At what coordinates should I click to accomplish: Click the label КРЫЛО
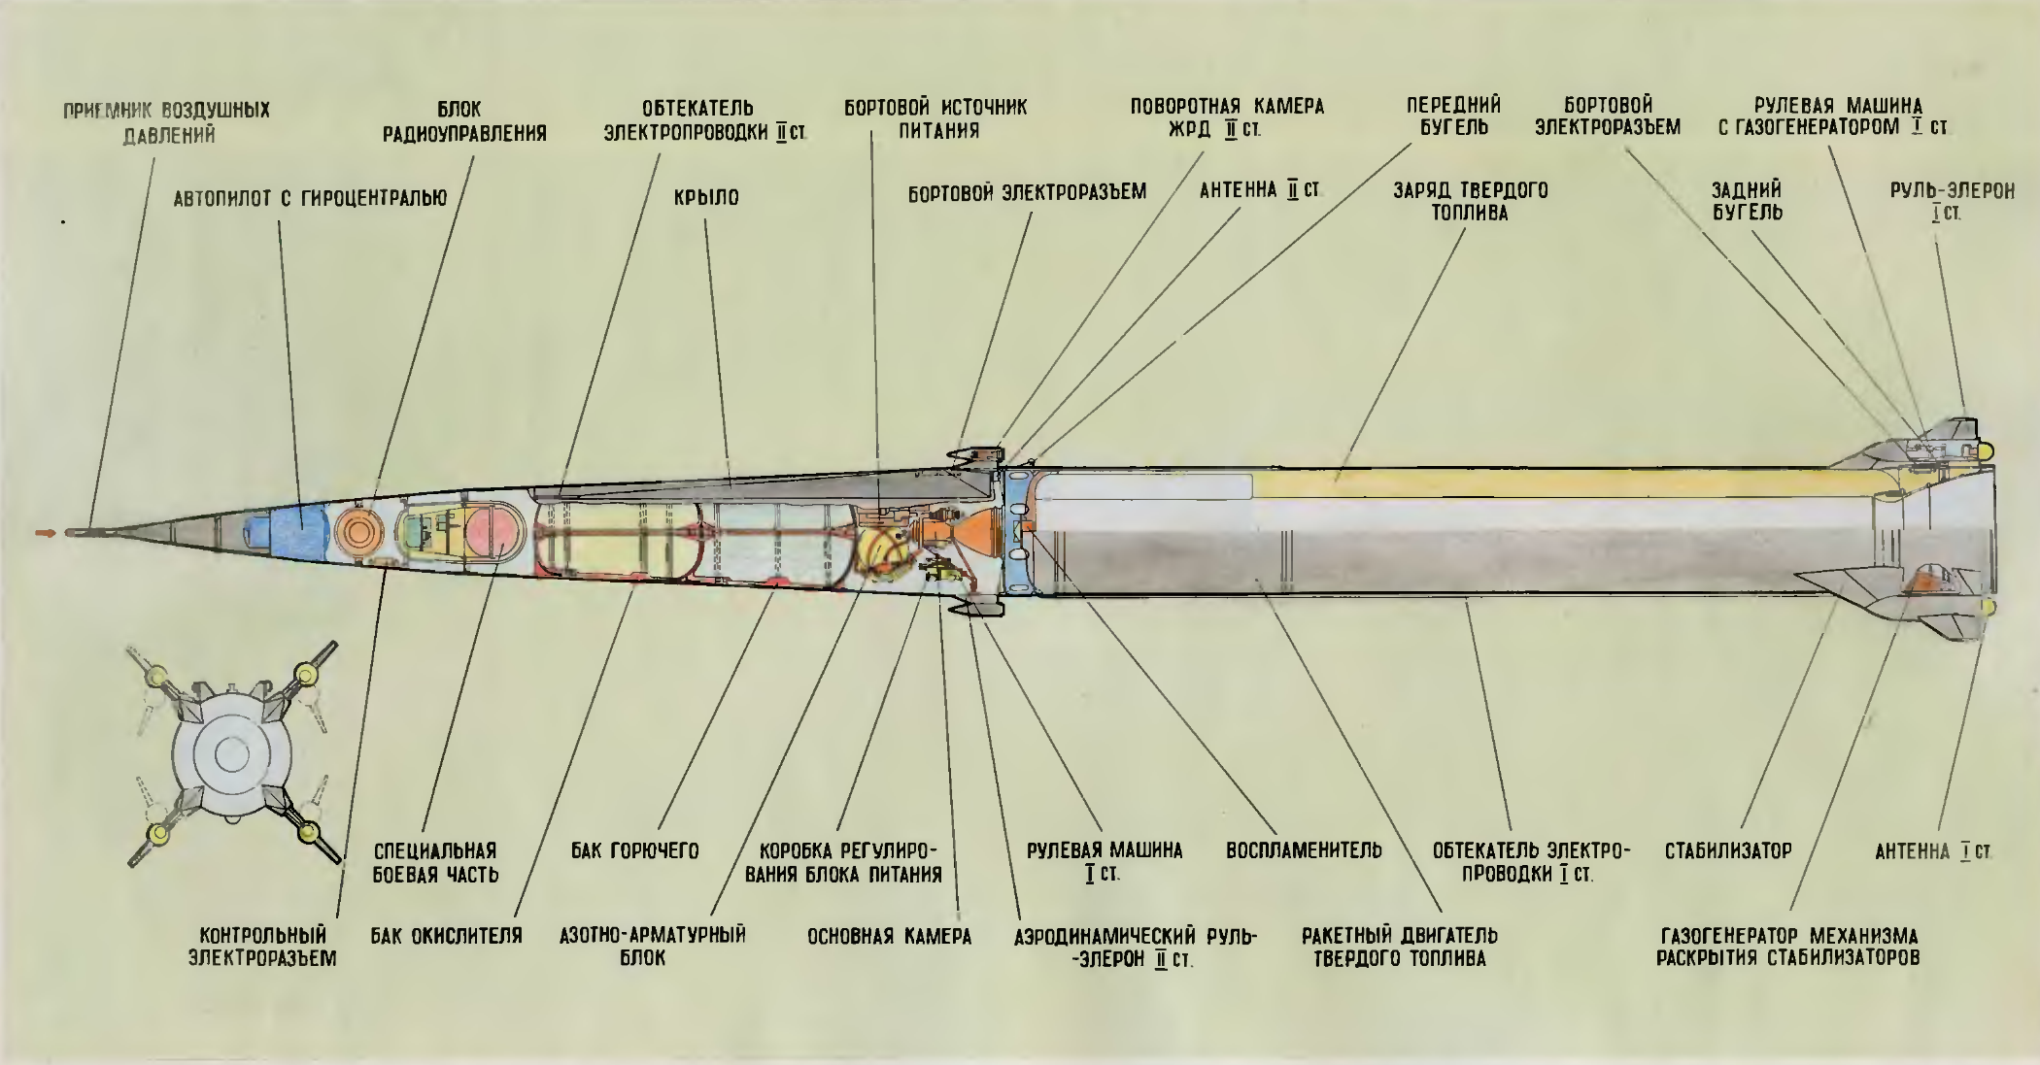click(x=706, y=197)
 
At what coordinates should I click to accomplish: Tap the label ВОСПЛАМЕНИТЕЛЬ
click(x=1304, y=851)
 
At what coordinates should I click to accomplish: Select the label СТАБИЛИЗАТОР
click(x=1728, y=851)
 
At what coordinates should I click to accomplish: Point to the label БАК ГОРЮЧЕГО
click(x=634, y=851)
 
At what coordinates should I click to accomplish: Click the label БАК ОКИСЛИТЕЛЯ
click(x=446, y=936)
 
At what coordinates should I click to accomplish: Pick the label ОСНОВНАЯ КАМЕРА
click(x=889, y=936)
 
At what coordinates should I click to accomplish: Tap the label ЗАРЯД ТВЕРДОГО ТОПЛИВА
click(x=1470, y=201)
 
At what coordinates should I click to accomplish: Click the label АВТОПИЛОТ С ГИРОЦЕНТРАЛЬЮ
click(x=310, y=198)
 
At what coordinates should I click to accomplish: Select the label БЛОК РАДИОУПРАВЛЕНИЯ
click(x=464, y=121)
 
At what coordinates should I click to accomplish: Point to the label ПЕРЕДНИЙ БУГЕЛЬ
click(x=1454, y=116)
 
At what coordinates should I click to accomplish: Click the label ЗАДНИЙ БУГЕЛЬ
click(x=1747, y=201)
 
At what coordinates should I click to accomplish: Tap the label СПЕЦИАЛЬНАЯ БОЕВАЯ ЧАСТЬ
click(x=436, y=862)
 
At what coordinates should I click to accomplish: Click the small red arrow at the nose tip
click(x=45, y=532)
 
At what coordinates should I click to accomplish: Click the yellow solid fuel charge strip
click(x=1554, y=483)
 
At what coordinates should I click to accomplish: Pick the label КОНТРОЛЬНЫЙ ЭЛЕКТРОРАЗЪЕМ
click(x=262, y=947)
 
